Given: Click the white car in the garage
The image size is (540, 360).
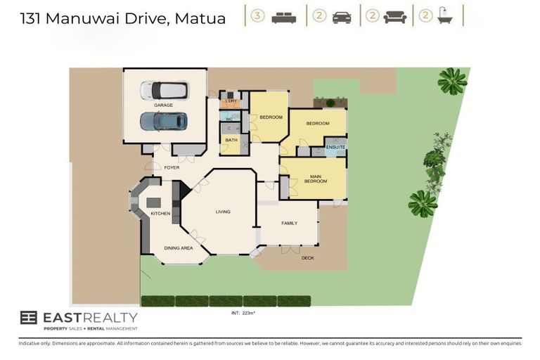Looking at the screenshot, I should coord(164,90).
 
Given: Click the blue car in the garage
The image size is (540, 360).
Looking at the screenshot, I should coord(163,122).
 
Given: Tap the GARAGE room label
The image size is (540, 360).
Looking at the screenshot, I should coord(164,105).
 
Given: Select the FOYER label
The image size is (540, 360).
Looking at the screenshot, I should coord(172,167).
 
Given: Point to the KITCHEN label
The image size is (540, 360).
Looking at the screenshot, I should coord(160,213).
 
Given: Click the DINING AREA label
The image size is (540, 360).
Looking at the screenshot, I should coord(178,248).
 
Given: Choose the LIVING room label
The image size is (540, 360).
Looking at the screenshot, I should coord(223,212).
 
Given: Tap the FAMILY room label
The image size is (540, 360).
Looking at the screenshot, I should coord(289,223).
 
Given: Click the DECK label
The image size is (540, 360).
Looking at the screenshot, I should coord(308,257).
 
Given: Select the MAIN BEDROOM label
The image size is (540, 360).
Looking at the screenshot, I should coord(315,178).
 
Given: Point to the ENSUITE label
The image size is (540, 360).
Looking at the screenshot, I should coord(335,147).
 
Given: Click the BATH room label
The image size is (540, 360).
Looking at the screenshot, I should coord(230,140).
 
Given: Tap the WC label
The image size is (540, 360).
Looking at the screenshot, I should coord(229,119).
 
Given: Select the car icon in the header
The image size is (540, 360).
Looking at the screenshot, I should coord(342,17).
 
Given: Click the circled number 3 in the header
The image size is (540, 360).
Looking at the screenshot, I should coord(257,16).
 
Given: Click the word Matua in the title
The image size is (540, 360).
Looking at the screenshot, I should coord(198,18).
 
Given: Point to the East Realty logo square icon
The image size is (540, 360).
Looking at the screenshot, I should coord(29,318).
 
